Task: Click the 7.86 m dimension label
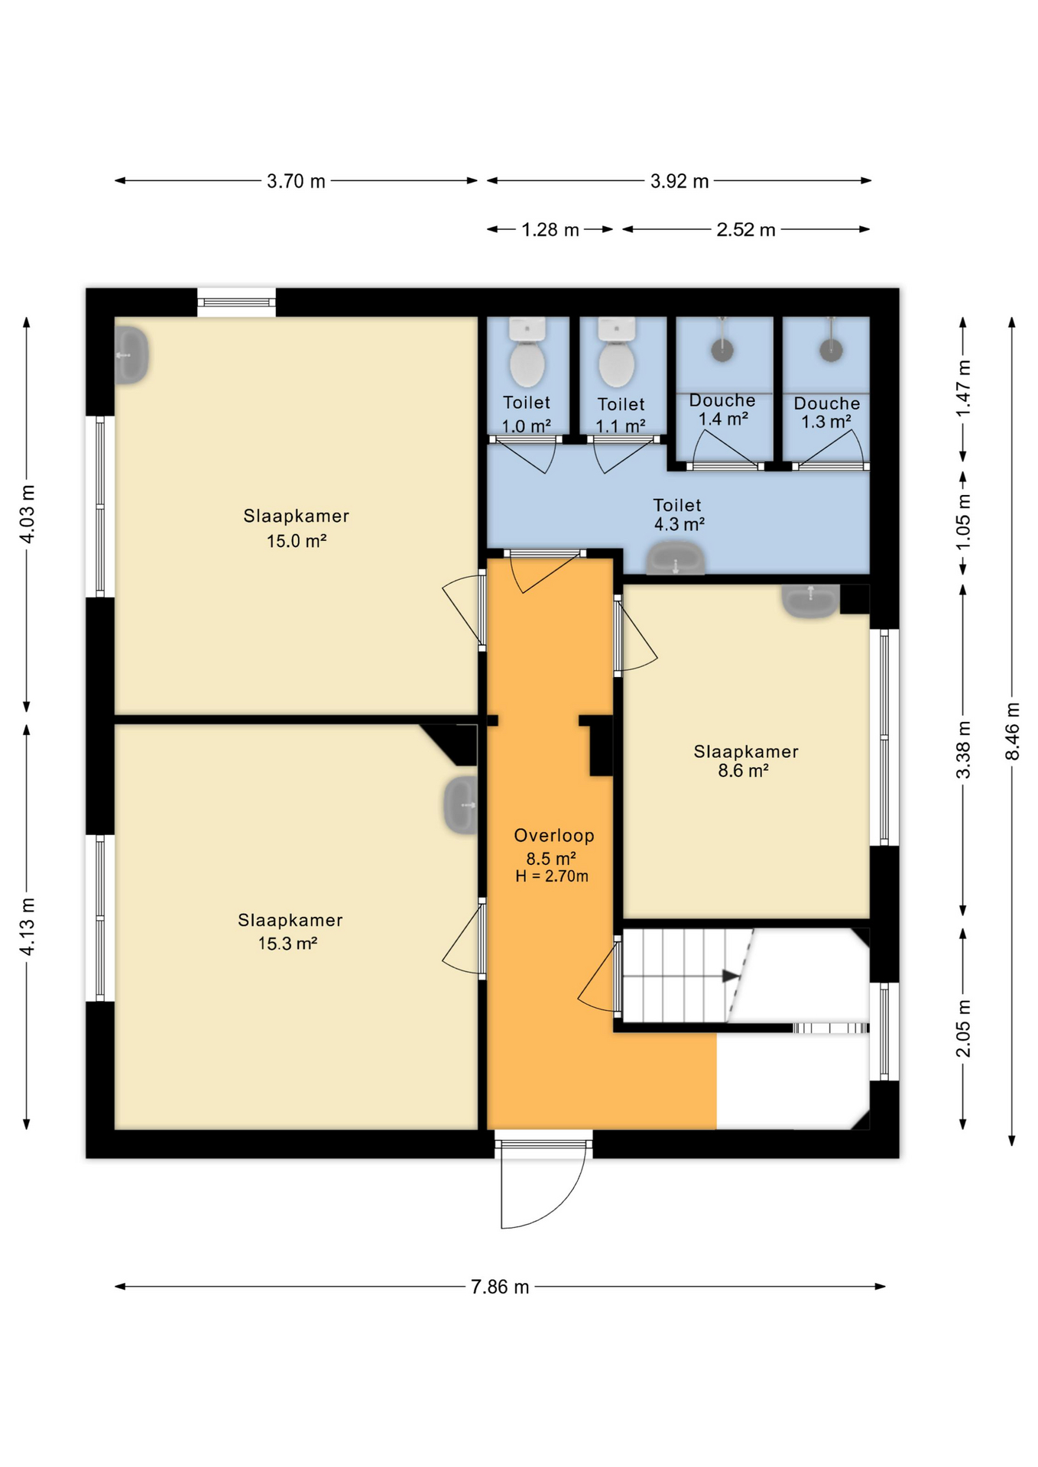500,1287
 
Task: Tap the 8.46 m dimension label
1012,731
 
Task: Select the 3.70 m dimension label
296,181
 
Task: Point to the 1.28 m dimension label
550,229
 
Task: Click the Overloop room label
554,835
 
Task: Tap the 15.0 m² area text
297,541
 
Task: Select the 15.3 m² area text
287,944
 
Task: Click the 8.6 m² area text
743,770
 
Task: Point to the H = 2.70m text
552,876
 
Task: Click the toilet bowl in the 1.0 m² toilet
527,363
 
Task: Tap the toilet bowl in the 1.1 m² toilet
617,363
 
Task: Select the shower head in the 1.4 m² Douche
722,350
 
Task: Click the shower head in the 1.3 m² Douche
831,350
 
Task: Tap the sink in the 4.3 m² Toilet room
676,558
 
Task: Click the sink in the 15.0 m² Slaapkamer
131,355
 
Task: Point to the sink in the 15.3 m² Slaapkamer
461,805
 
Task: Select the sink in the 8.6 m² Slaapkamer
810,601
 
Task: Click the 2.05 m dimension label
963,1028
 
